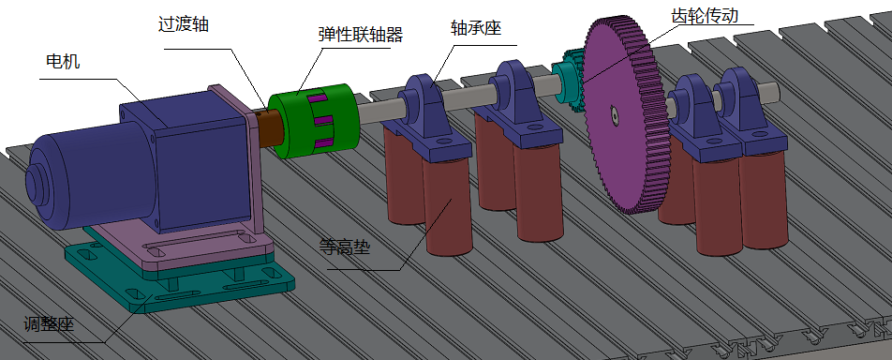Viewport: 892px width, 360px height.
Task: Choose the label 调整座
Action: point(49,325)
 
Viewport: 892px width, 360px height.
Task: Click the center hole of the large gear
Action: point(611,114)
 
